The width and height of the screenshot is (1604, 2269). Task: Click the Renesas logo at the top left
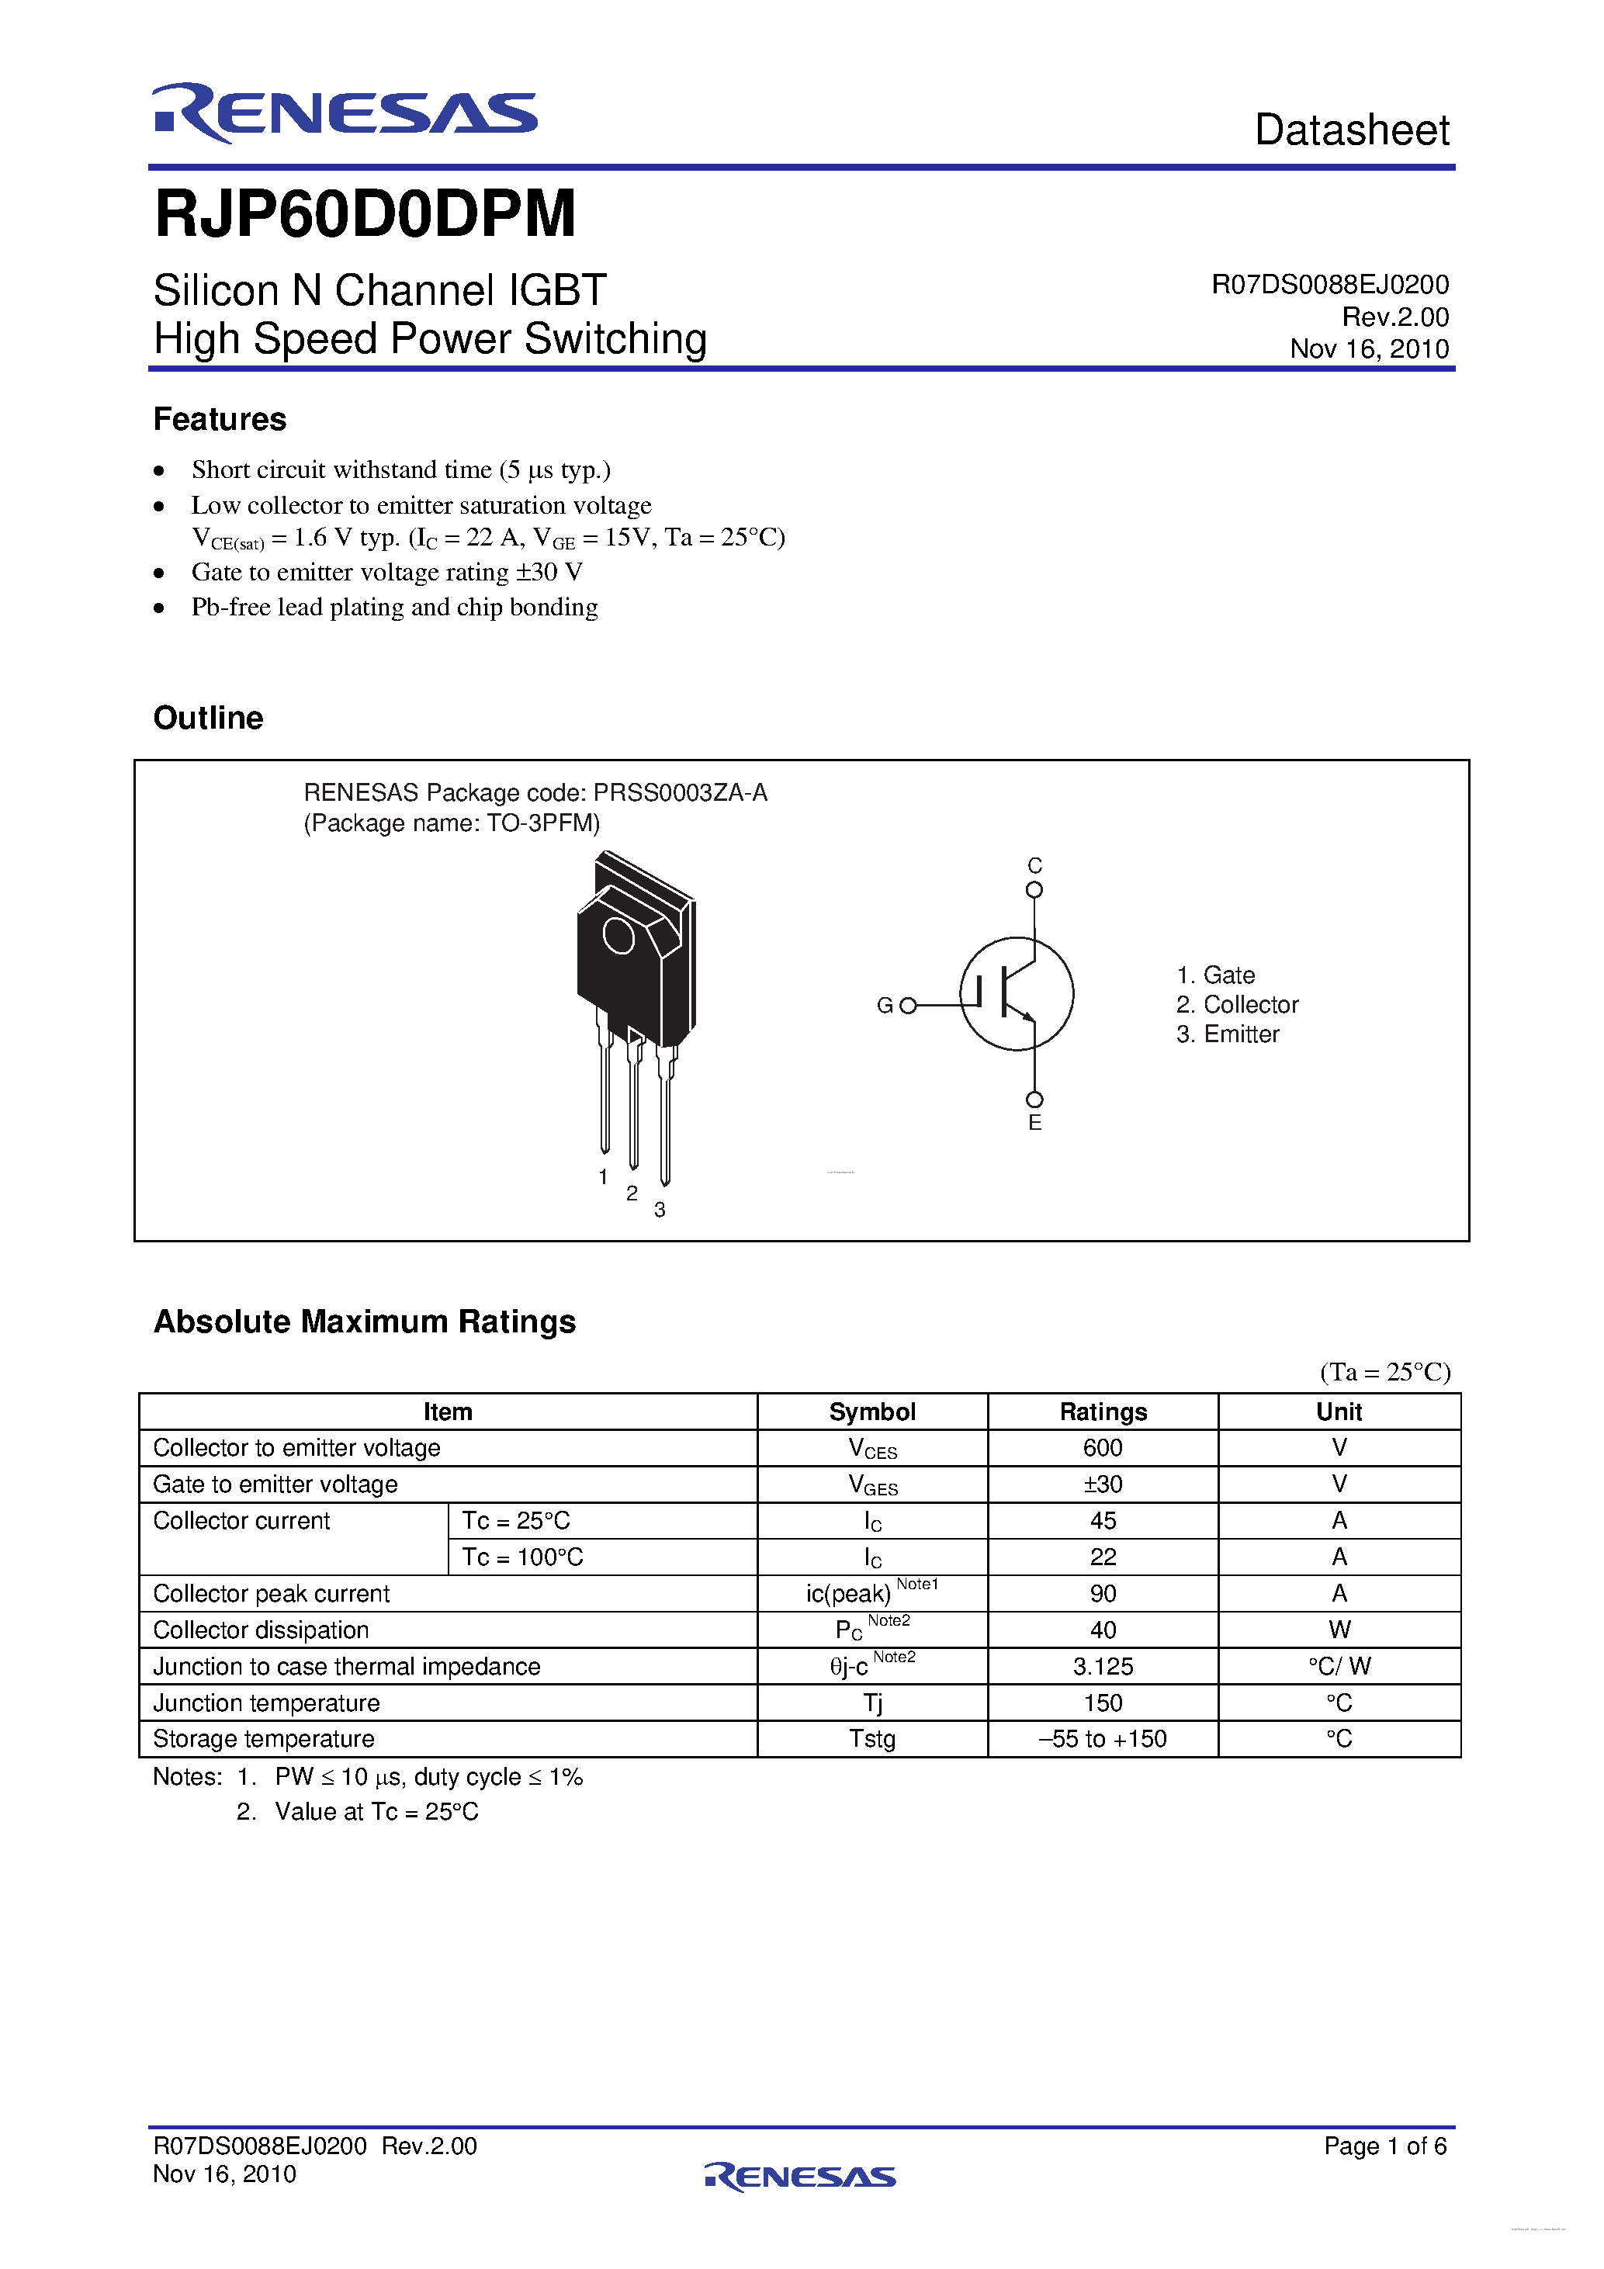(345, 113)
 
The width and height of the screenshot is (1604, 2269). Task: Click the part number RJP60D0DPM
(365, 214)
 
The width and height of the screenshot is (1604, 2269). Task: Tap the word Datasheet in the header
(1351, 130)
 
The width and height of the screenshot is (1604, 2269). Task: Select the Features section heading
(220, 419)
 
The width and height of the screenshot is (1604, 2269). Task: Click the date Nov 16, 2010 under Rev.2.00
(1369, 349)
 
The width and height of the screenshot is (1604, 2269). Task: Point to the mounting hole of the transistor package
(618, 935)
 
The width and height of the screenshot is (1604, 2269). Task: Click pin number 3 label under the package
(659, 1210)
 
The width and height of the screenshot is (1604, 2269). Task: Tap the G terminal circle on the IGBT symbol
(908, 1006)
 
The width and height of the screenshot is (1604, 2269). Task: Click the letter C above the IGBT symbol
(1034, 866)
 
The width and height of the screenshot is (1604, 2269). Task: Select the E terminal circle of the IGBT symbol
(1034, 1100)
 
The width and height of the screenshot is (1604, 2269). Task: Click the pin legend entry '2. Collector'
(1238, 1005)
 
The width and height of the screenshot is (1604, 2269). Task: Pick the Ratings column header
(1103, 1412)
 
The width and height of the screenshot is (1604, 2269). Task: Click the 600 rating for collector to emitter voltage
(1103, 1448)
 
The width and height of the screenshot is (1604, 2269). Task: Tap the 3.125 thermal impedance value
(1103, 1666)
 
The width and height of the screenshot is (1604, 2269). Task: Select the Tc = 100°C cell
(523, 1557)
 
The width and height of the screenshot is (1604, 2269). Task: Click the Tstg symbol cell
(871, 1739)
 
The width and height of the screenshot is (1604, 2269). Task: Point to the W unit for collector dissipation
(1339, 1630)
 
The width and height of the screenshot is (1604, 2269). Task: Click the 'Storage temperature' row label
(264, 1739)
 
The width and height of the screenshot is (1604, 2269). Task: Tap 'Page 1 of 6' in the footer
(1384, 2146)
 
